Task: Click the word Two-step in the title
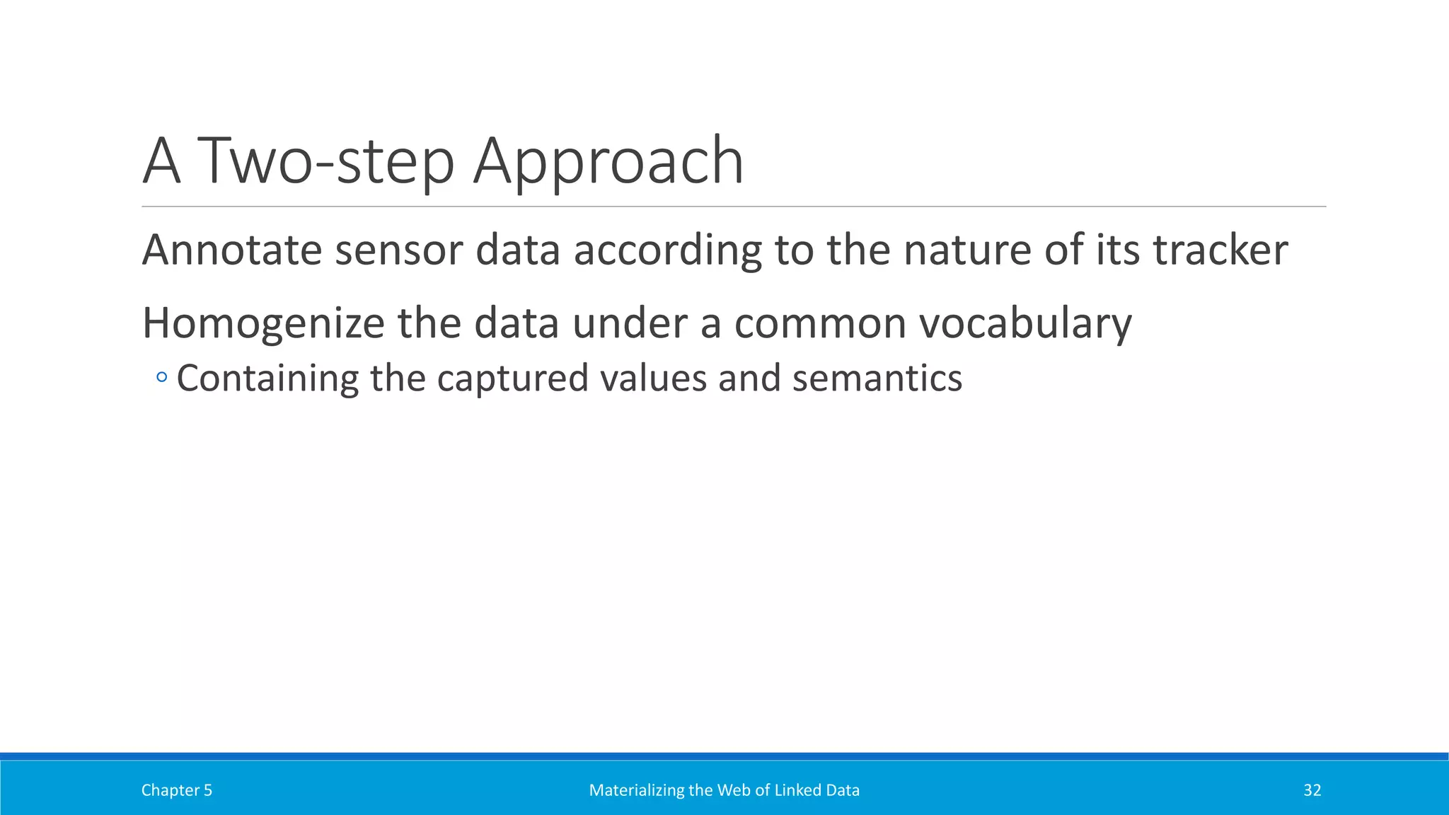click(x=325, y=162)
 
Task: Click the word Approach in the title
click(x=608, y=162)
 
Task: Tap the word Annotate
click(x=232, y=250)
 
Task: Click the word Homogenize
click(x=262, y=323)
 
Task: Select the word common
click(x=819, y=323)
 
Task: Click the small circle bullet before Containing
click(x=161, y=378)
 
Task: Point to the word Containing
click(x=267, y=378)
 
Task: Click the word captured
click(x=512, y=378)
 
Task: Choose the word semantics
click(x=877, y=378)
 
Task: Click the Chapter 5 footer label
click(x=176, y=790)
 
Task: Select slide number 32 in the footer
click(x=1312, y=790)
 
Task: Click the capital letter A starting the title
click(x=161, y=162)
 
